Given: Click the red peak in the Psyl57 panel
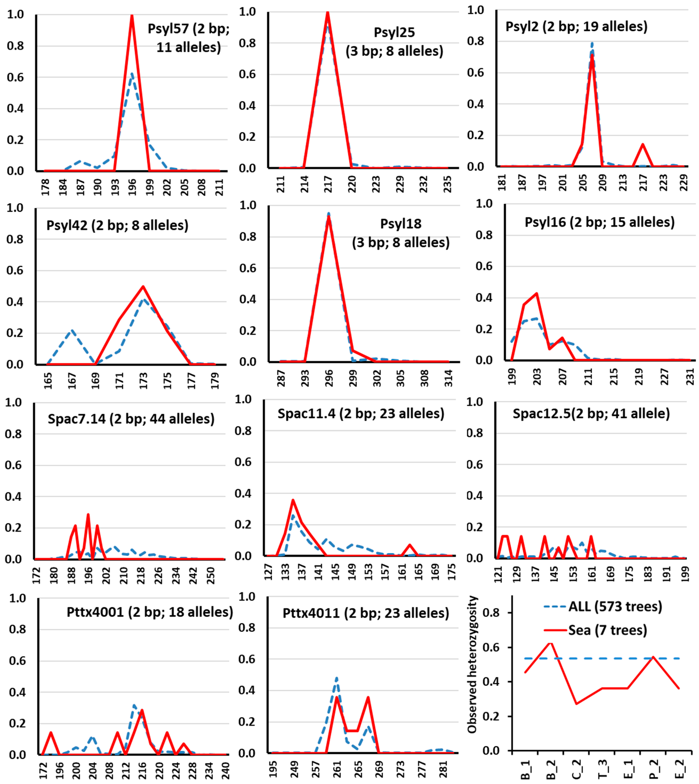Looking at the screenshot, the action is (x=132, y=15).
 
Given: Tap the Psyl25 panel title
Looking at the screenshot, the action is (x=394, y=41).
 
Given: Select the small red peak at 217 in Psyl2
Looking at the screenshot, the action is (x=642, y=144).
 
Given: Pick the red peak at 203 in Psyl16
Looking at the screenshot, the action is (x=536, y=294).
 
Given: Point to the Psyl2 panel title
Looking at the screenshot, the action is (x=577, y=27).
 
